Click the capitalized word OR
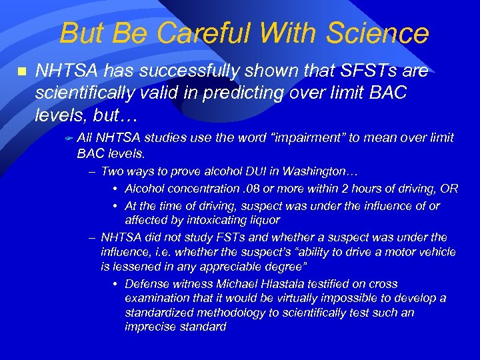[450, 189]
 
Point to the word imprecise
[149, 327]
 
